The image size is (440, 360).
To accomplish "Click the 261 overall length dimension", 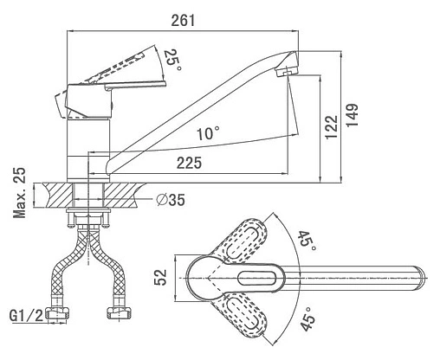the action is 183,21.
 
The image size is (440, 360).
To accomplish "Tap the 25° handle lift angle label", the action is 173,61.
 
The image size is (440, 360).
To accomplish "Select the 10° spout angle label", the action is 208,133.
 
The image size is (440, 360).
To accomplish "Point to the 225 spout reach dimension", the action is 190,163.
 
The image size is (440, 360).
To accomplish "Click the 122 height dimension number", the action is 332,127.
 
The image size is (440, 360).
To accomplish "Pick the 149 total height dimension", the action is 352,114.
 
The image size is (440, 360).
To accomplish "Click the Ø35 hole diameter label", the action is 171,200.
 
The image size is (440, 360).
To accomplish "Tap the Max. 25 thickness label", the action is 20,192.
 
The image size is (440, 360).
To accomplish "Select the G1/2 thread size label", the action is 27,316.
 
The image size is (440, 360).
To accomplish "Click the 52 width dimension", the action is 160,277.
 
